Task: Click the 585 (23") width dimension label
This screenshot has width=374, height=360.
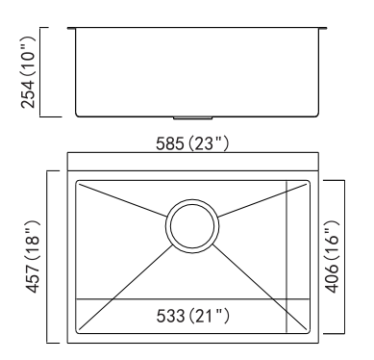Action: (x=192, y=143)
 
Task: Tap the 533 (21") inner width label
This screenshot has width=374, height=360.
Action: (x=192, y=316)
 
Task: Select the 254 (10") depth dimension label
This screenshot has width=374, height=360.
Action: (x=28, y=72)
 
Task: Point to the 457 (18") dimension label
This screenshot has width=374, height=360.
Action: (x=33, y=257)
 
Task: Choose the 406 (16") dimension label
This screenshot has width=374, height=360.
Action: (x=332, y=257)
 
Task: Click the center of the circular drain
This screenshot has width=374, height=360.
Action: (x=192, y=226)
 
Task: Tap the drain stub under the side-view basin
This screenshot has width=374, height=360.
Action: (x=192, y=118)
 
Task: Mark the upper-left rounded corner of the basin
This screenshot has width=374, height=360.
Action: (x=77, y=182)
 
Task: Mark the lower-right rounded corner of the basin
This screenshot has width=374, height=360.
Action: (x=309, y=332)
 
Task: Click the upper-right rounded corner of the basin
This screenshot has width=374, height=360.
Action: (x=309, y=182)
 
